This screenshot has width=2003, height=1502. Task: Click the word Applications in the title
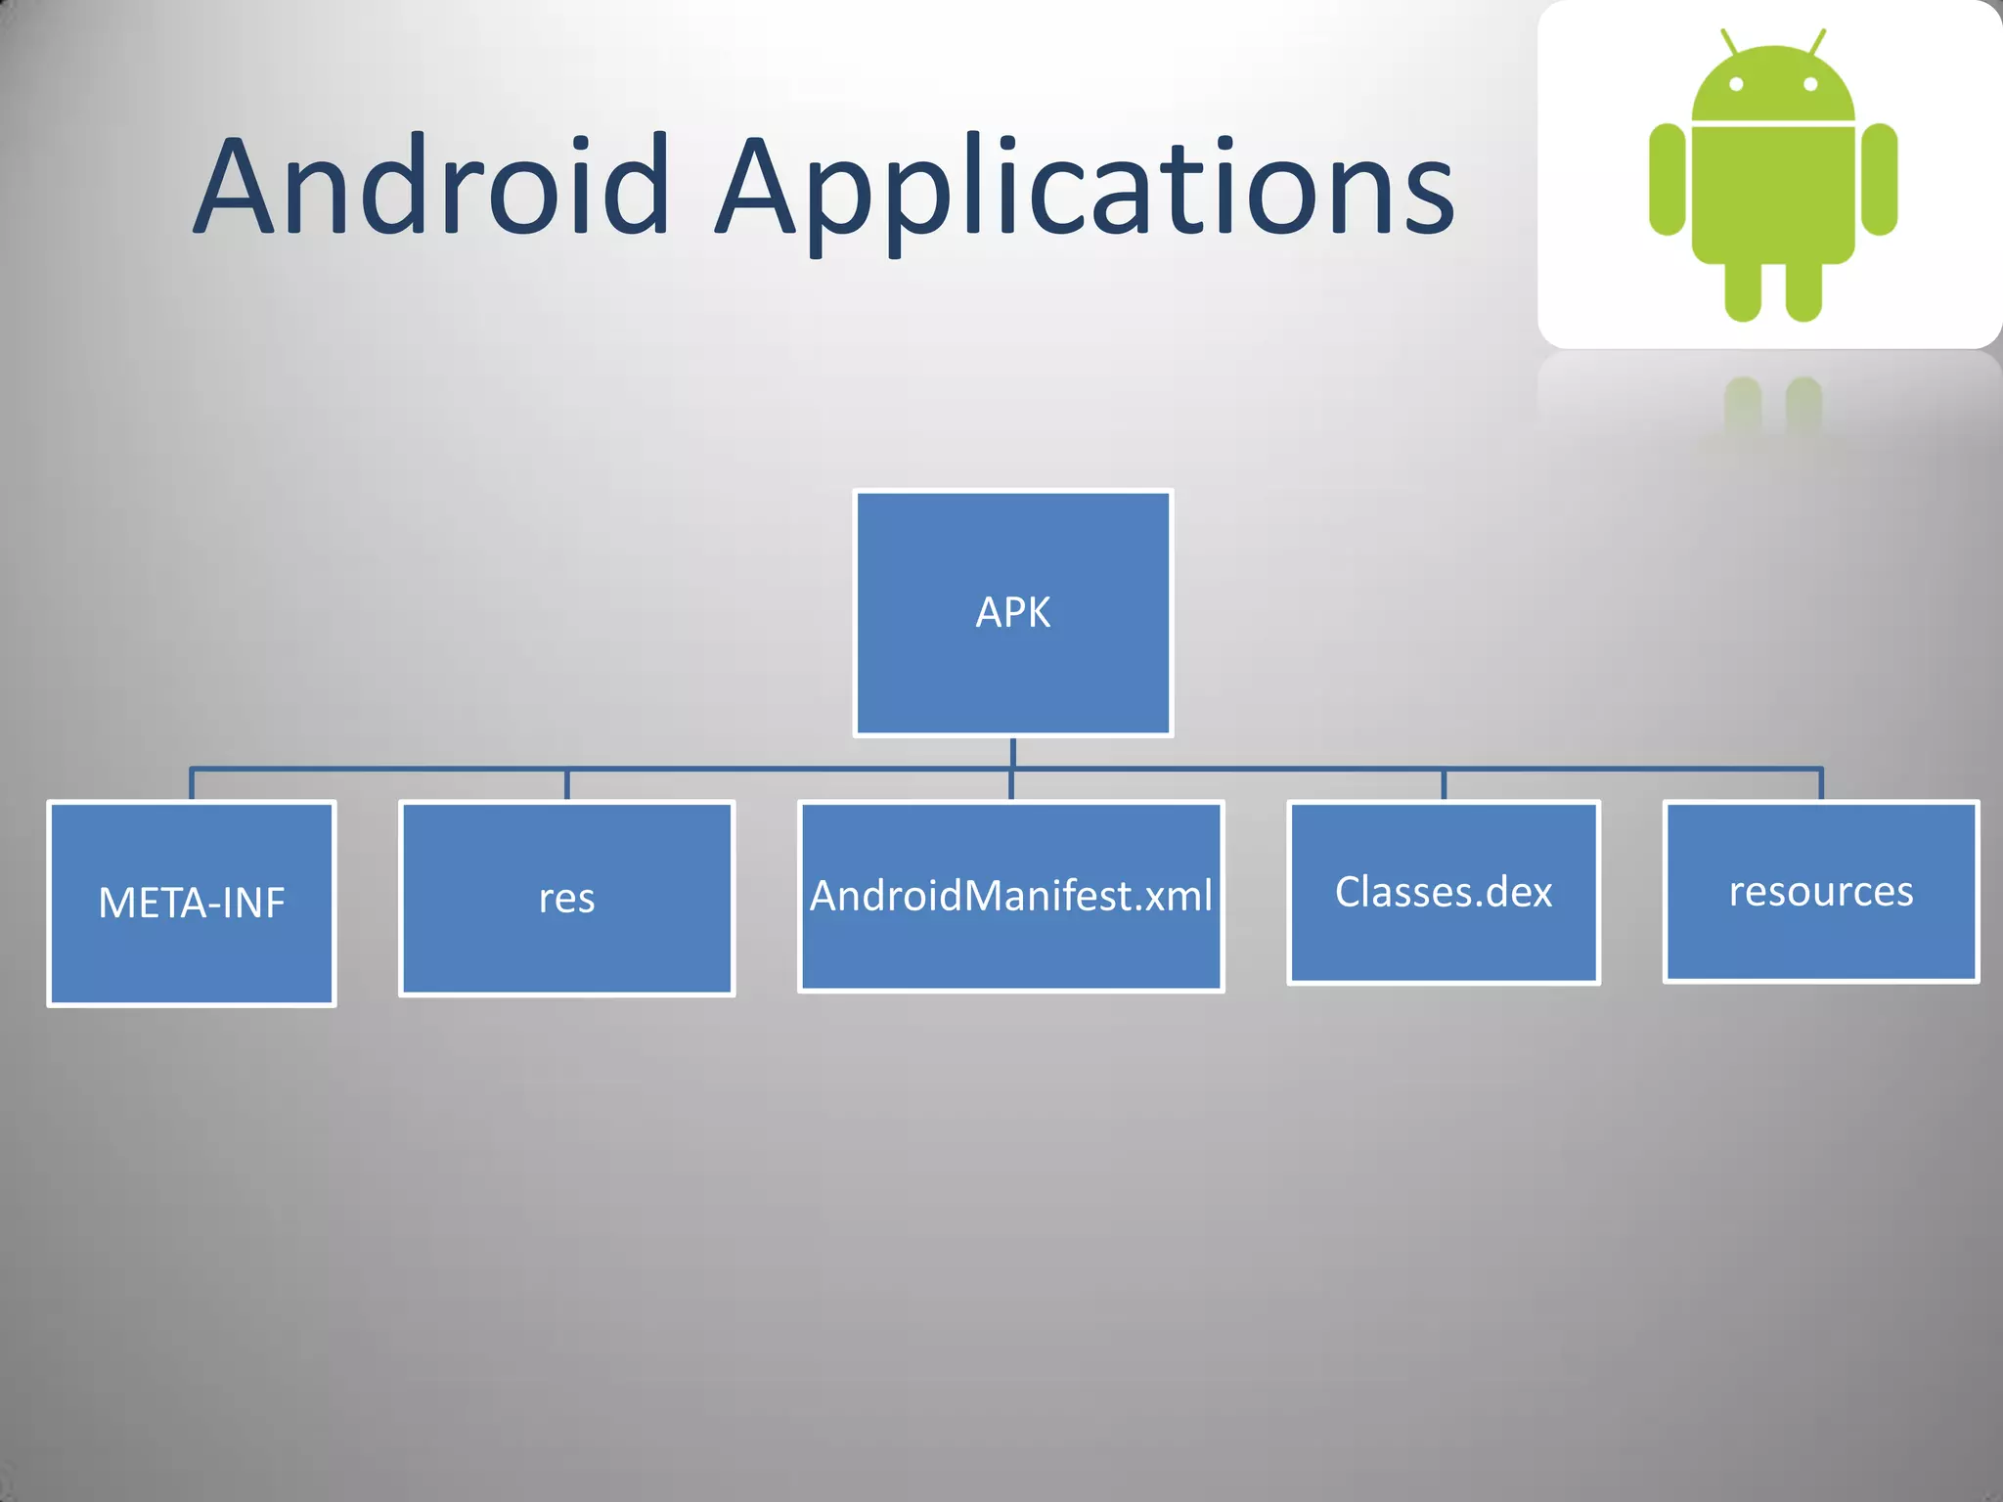(1086, 191)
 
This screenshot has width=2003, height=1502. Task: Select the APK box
(1013, 613)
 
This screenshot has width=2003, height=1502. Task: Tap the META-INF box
(192, 903)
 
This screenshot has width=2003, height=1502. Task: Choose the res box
(566, 898)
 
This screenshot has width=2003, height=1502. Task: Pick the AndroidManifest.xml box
(1011, 896)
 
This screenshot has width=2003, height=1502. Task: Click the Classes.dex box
(1444, 892)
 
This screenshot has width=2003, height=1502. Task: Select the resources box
(1821, 891)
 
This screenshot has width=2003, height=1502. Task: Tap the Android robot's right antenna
(1817, 42)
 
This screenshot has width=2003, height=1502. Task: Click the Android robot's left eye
(1736, 84)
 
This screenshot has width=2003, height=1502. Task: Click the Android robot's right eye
(1810, 84)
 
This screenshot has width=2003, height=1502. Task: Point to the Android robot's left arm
(1668, 179)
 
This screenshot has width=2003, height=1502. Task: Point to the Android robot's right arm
(1879, 179)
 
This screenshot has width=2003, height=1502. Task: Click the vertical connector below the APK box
(1013, 752)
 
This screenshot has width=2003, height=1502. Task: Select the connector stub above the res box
(566, 785)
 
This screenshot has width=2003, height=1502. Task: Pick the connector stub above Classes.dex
(1444, 785)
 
